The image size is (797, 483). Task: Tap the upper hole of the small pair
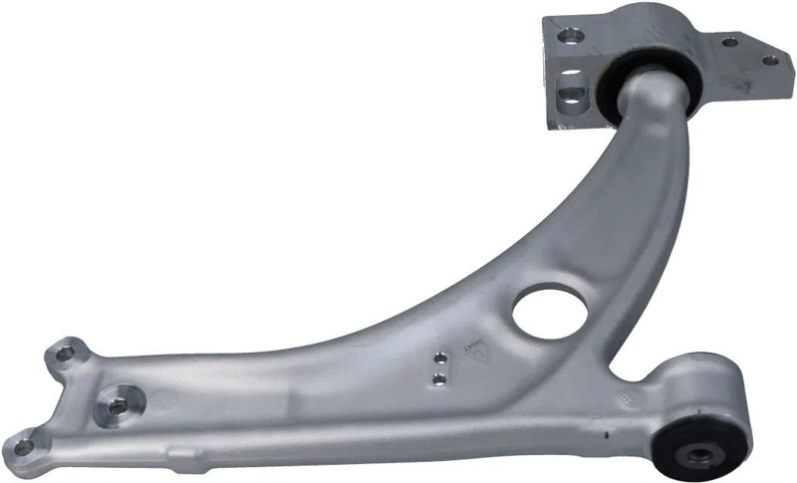[438, 358]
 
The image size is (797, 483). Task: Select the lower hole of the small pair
[438, 375]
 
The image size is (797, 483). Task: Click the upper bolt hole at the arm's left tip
[66, 352]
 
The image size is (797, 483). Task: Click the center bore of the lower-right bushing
[699, 456]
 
